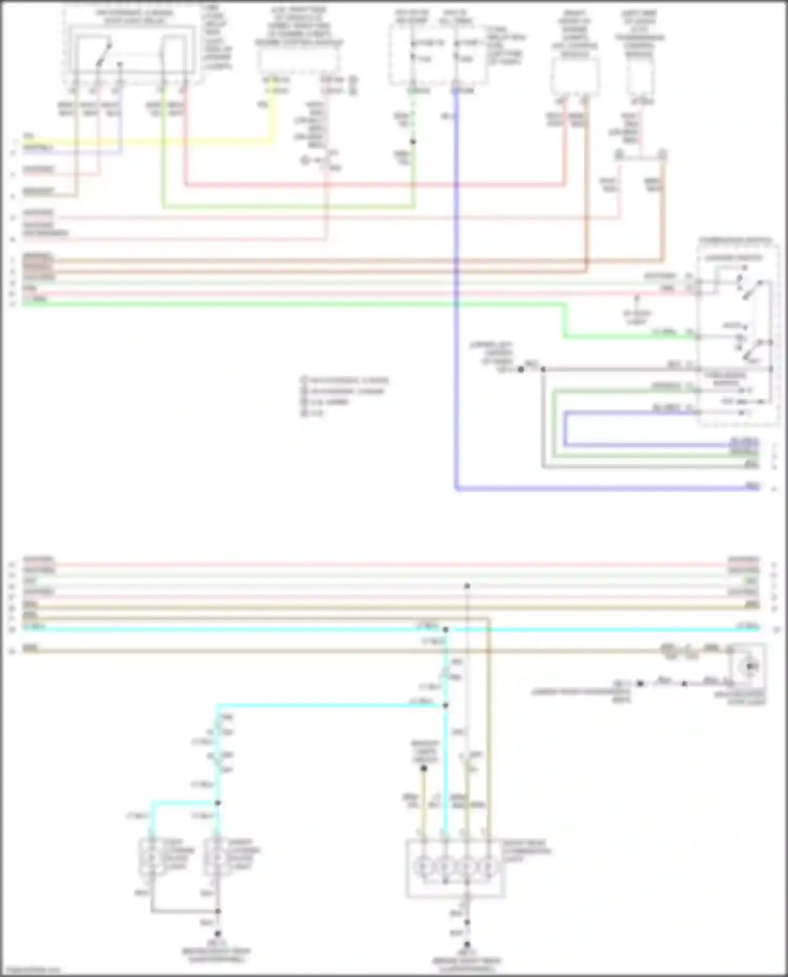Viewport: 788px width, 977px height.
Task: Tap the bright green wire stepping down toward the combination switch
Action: point(565,320)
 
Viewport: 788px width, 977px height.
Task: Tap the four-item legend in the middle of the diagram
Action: point(344,396)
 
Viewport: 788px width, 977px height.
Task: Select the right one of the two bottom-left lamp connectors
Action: point(216,856)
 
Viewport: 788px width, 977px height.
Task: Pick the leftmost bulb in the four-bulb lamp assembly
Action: point(423,867)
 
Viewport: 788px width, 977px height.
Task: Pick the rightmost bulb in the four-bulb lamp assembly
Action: point(489,867)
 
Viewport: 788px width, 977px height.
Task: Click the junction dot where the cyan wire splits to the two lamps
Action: point(217,803)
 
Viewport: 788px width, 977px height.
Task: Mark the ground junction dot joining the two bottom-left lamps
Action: point(217,911)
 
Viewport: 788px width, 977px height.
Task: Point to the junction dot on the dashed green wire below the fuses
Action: point(413,142)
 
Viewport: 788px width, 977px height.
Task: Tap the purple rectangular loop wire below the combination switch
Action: point(565,428)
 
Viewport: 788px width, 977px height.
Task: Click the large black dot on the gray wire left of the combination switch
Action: point(521,370)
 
